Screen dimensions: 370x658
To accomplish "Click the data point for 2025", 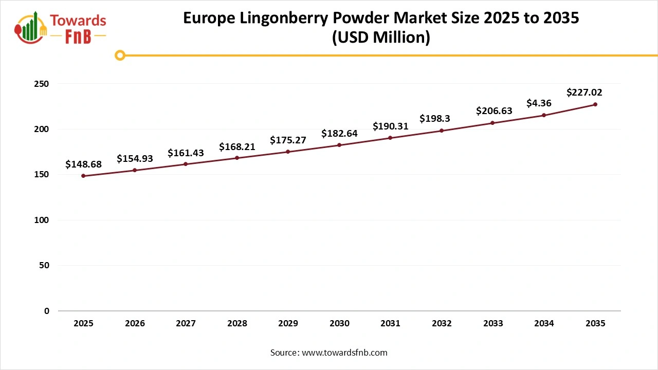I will pos(83,176).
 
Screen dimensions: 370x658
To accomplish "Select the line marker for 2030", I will pos(339,145).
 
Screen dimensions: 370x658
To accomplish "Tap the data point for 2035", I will pos(595,104).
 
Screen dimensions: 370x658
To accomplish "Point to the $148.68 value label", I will pos(83,164).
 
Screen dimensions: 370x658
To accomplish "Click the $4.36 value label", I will pos(539,103).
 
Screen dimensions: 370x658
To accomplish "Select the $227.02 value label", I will pos(584,92).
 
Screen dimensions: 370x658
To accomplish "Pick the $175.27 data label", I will pos(288,140).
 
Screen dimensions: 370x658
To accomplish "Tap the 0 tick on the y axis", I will pos(47,311).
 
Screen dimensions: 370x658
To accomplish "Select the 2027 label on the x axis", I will pos(186,324).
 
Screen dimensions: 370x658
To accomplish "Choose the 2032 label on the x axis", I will pos(442,324).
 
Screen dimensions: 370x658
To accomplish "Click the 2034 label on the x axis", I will pos(544,324).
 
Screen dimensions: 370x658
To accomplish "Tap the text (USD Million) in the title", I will pos(381,38).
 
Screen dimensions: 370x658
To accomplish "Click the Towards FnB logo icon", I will pos(31,27).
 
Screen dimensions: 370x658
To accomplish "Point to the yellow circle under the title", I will pos(120,55).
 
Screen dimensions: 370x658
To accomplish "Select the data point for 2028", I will pos(237,158).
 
